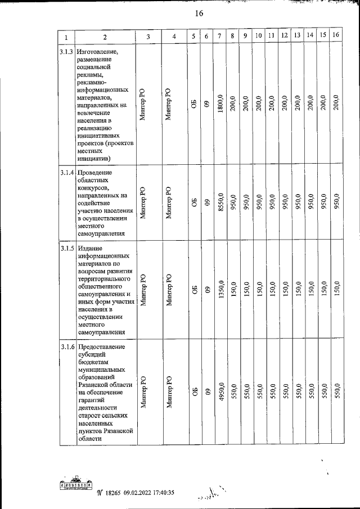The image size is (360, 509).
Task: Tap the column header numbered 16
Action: tap(336, 35)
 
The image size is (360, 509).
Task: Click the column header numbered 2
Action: tap(105, 37)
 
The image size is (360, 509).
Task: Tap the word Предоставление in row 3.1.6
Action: tap(102, 346)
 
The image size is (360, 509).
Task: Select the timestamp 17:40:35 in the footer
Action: tap(159, 493)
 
